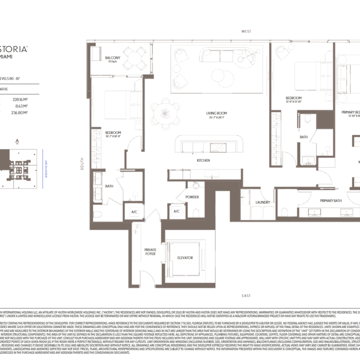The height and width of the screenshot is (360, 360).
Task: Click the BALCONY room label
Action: pyautogui.click(x=114, y=57)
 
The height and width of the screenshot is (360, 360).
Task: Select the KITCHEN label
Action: pyautogui.click(x=204, y=161)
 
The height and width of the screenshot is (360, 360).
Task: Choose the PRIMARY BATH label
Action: pyautogui.click(x=332, y=200)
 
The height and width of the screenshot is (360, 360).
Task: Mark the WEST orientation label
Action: pyautogui.click(x=254, y=32)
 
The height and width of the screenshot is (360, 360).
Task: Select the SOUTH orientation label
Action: pyautogui.click(x=81, y=169)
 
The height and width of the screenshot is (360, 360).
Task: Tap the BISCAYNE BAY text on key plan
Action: pyautogui.click(x=44, y=164)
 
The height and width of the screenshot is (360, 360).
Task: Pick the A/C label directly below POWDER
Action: pyautogui.click(x=177, y=212)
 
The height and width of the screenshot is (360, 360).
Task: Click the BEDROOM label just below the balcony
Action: pyautogui.click(x=113, y=132)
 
